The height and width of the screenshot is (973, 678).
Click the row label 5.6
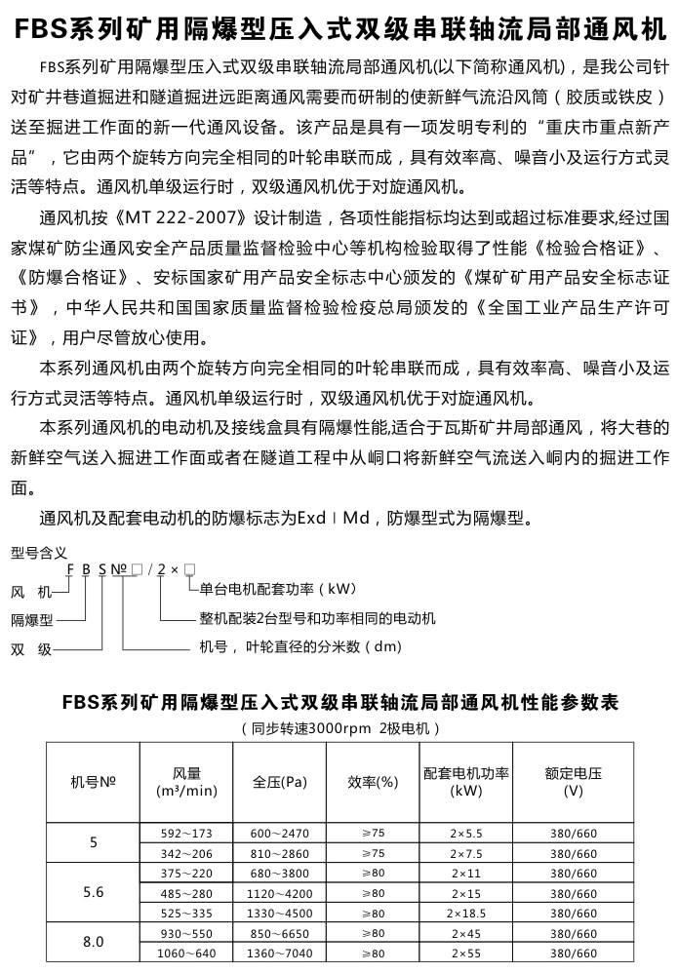[94, 892]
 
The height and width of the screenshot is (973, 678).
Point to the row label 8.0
[94, 943]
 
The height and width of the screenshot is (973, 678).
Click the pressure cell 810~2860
[279, 852]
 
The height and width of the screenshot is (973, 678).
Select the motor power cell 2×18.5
[466, 913]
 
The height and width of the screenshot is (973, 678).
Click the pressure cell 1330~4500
[279, 913]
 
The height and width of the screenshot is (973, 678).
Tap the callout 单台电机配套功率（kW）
[278, 589]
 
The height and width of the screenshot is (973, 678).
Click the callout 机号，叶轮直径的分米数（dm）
[300, 646]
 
